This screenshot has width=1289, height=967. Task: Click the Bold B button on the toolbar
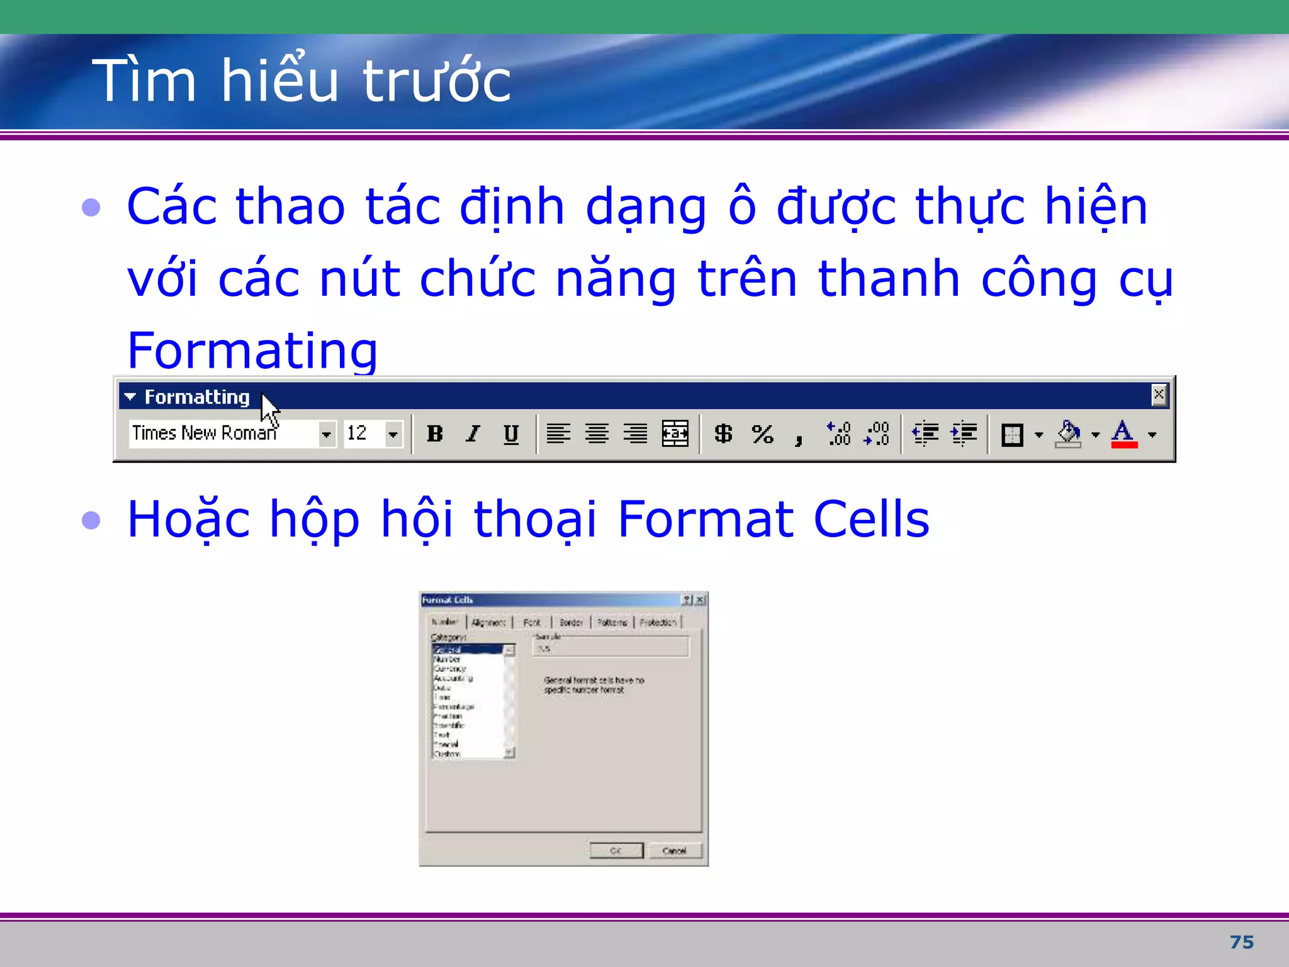(x=434, y=434)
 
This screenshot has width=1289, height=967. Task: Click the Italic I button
(x=473, y=434)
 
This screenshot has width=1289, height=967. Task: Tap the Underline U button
(x=511, y=434)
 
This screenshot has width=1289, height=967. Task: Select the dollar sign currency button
(x=723, y=434)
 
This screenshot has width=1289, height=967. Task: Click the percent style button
(x=762, y=434)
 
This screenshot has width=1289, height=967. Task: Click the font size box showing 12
(x=363, y=434)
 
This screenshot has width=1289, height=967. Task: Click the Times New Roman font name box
(x=220, y=434)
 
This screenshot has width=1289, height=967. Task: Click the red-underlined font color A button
(x=1123, y=434)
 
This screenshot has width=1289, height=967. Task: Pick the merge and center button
(x=675, y=434)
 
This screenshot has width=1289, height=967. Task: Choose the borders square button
(x=1012, y=434)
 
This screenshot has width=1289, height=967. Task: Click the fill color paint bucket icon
(x=1069, y=434)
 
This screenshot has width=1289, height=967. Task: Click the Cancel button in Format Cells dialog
(x=674, y=851)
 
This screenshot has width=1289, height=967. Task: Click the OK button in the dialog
(x=616, y=851)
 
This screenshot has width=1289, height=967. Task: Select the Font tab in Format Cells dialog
(x=532, y=622)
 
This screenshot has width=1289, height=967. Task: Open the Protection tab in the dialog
(x=658, y=622)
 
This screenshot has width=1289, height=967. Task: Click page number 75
(x=1241, y=942)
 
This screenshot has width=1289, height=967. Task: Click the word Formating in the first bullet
(x=252, y=350)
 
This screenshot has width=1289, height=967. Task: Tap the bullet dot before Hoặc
(x=92, y=520)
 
